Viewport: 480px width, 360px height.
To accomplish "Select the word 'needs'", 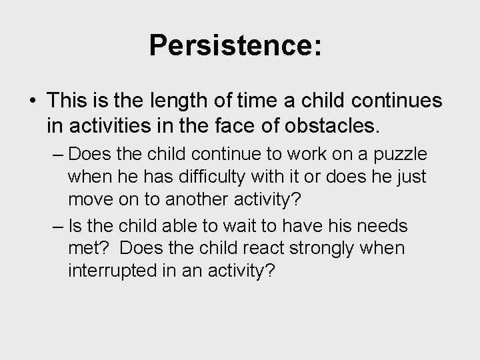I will coord(383,226).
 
